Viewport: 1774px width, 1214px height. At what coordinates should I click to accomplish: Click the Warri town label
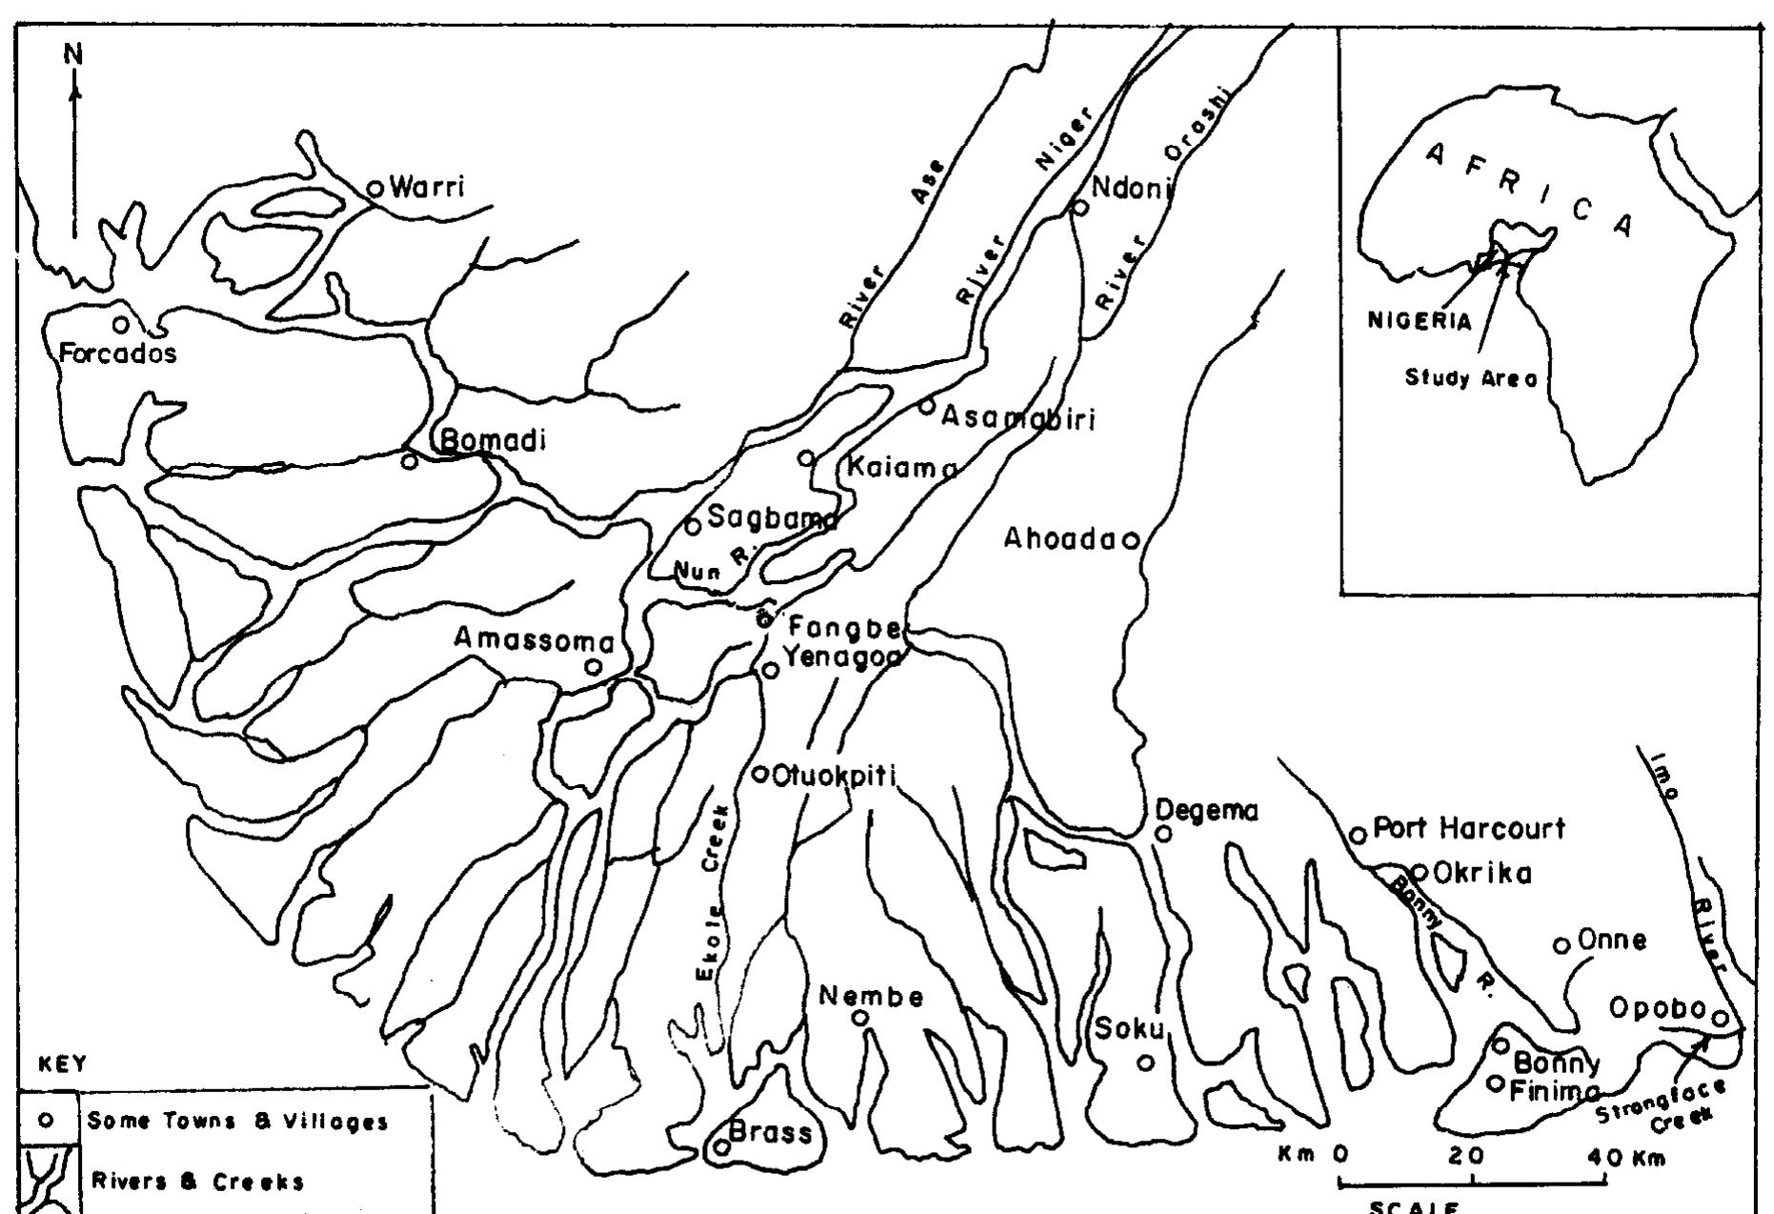coord(427,187)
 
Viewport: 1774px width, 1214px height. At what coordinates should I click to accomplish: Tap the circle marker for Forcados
coord(121,325)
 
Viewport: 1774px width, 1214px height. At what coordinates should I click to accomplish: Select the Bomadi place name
coord(493,441)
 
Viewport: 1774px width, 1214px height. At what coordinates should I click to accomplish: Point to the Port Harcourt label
coord(1468,829)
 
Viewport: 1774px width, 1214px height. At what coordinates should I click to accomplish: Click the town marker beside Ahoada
coord(1131,541)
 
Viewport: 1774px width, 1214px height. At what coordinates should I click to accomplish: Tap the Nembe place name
coord(871,997)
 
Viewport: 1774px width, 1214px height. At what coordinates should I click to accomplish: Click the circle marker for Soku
coord(1146,1062)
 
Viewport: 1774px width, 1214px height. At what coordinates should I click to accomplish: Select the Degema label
coord(1206,811)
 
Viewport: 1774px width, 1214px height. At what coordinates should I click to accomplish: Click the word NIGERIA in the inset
coord(1419,320)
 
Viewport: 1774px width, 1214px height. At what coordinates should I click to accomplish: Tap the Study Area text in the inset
coord(1471,378)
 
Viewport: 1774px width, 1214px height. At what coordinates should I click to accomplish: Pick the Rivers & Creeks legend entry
coord(197,1183)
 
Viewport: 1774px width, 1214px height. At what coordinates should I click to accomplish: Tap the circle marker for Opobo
coord(1721,1019)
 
